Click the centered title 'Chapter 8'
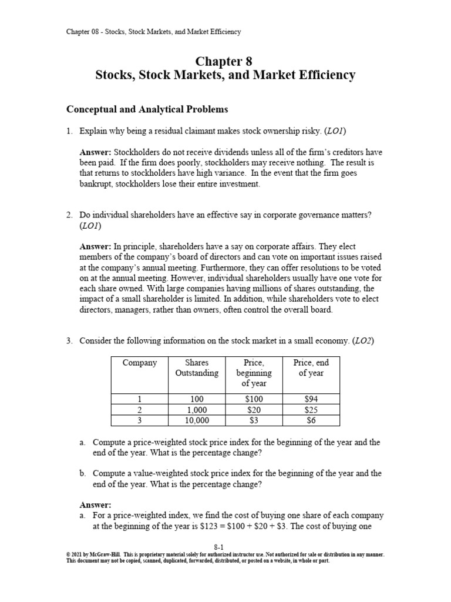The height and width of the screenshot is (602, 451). (x=225, y=62)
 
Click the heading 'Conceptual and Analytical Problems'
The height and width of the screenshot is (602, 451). (x=146, y=109)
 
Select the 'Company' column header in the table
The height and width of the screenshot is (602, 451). (x=139, y=363)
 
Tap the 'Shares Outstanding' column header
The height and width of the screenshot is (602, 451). (x=197, y=368)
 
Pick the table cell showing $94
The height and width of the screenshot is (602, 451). (x=311, y=399)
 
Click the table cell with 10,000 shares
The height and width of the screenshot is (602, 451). (x=197, y=420)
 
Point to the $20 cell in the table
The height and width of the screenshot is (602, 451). (x=254, y=409)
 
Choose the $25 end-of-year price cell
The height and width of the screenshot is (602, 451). (x=311, y=409)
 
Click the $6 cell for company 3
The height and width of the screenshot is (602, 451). (x=311, y=420)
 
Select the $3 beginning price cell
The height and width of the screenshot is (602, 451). (x=254, y=420)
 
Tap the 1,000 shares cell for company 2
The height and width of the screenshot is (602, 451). (x=197, y=409)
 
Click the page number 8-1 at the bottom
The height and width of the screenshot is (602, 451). (x=225, y=547)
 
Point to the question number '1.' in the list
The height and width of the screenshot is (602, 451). (x=69, y=131)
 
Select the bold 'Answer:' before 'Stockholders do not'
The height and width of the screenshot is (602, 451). (x=95, y=153)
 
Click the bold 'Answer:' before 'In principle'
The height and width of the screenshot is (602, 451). (x=95, y=247)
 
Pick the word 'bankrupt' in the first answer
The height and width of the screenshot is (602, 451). (x=96, y=185)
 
